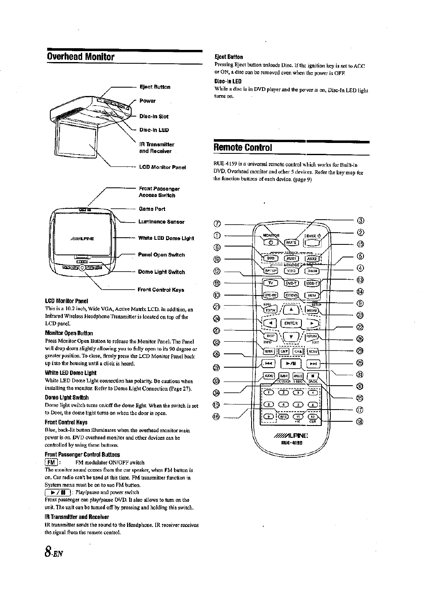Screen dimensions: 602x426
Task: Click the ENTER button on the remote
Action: point(291,323)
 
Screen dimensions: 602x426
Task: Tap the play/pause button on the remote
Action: point(291,363)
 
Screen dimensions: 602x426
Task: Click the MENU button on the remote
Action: point(312,310)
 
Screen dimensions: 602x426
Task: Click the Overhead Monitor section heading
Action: point(81,56)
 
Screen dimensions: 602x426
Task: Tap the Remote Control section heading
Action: point(243,148)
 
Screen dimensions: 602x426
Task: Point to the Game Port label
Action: point(151,209)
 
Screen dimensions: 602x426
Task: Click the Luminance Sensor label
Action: point(161,222)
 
